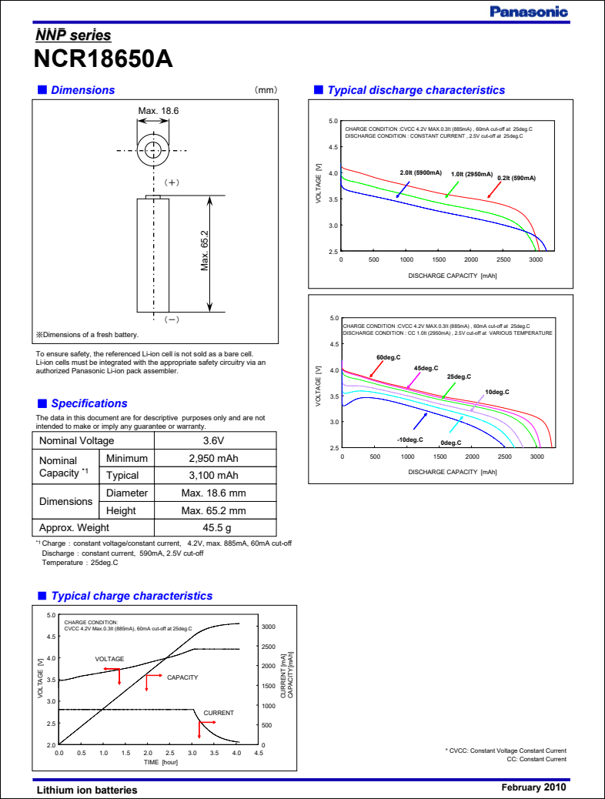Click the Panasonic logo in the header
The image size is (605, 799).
point(529,12)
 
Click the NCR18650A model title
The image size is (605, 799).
point(102,60)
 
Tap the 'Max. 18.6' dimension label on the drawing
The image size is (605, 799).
point(159,112)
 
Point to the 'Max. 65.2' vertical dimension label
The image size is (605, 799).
point(206,250)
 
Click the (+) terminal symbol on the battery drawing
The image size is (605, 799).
point(172,182)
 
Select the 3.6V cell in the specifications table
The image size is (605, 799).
point(213,441)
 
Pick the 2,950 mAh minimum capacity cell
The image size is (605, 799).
point(213,459)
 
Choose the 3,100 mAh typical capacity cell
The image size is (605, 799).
point(213,476)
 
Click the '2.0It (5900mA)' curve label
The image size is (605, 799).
point(420,172)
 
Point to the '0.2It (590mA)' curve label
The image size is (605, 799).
point(516,178)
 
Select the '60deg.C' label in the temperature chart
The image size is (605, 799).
point(389,358)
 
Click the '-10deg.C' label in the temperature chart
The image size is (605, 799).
point(410,440)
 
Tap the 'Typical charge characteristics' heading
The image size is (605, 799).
point(131,596)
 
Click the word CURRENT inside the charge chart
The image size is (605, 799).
point(219,713)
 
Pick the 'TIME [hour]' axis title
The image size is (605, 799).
point(160,762)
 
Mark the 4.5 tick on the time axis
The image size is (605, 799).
point(259,754)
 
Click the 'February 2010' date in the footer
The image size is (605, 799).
point(533,787)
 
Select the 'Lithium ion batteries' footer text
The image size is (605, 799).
point(87,790)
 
